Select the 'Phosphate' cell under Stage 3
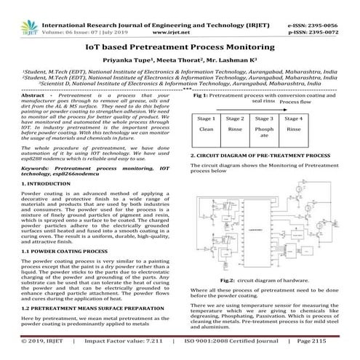(x=265, y=132)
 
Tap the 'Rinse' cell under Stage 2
(x=235, y=129)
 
